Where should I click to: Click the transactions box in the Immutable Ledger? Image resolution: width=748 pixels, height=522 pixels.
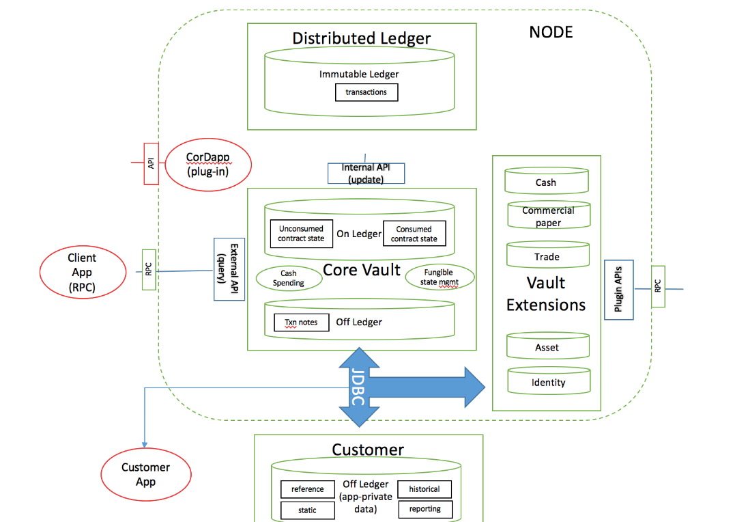[366, 92]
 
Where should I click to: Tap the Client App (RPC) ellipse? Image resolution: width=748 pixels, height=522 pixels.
[82, 273]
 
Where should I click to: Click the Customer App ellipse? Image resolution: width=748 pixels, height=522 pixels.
[145, 473]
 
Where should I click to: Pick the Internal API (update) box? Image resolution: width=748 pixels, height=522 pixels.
[366, 173]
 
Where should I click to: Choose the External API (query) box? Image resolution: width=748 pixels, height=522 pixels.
[229, 269]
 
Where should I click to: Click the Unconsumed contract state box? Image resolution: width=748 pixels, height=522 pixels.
[301, 234]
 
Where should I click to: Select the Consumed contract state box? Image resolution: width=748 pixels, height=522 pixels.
[414, 234]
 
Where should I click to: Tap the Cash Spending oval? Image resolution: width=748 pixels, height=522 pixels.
[289, 277]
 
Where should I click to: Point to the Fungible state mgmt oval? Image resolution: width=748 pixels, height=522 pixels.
[439, 277]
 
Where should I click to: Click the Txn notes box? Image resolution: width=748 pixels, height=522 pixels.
[301, 322]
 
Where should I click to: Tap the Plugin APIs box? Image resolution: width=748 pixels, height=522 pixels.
[618, 289]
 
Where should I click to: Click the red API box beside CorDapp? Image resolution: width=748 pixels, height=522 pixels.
[151, 163]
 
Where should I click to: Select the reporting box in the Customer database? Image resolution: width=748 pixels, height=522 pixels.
[425, 509]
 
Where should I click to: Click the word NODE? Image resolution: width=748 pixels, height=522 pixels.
[551, 32]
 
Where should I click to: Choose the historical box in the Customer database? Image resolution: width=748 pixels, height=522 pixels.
[425, 489]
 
